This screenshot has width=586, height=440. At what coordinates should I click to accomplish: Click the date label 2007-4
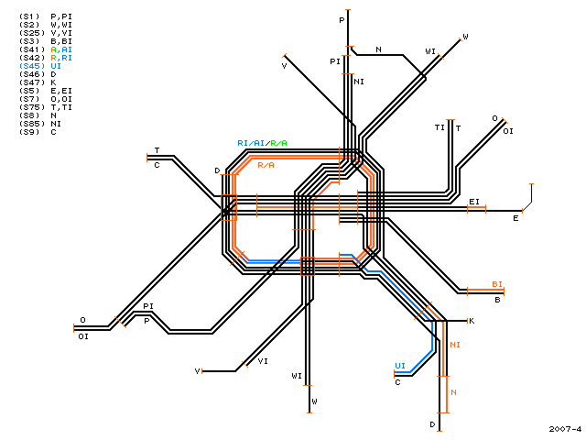[565, 429]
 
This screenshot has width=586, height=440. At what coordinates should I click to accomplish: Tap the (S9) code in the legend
[29, 132]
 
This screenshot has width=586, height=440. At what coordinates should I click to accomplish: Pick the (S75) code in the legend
[31, 107]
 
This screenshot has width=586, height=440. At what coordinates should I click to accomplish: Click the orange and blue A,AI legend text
[61, 49]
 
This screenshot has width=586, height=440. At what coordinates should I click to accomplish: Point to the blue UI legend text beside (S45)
[56, 66]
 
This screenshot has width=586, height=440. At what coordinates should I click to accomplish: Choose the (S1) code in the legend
[29, 16]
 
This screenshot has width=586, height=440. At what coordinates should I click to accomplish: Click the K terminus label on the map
[472, 321]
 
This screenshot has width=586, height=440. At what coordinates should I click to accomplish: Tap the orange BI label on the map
[497, 284]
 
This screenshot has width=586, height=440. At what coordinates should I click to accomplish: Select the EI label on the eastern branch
[474, 202]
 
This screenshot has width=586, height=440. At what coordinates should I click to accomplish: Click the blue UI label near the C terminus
[400, 366]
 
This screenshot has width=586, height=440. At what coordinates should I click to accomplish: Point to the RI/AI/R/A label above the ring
[263, 143]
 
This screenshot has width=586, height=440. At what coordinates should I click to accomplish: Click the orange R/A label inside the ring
[266, 165]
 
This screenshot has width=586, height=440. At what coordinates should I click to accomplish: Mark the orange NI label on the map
[455, 345]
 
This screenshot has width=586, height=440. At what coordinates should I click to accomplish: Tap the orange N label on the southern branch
[454, 392]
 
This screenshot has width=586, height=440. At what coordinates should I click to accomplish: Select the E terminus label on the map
[515, 218]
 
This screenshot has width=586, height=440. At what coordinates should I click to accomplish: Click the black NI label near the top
[359, 82]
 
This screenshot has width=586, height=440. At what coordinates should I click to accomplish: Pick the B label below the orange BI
[497, 300]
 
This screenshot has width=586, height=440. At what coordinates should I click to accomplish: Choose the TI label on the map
[439, 127]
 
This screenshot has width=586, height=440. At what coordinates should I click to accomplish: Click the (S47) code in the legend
[31, 82]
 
